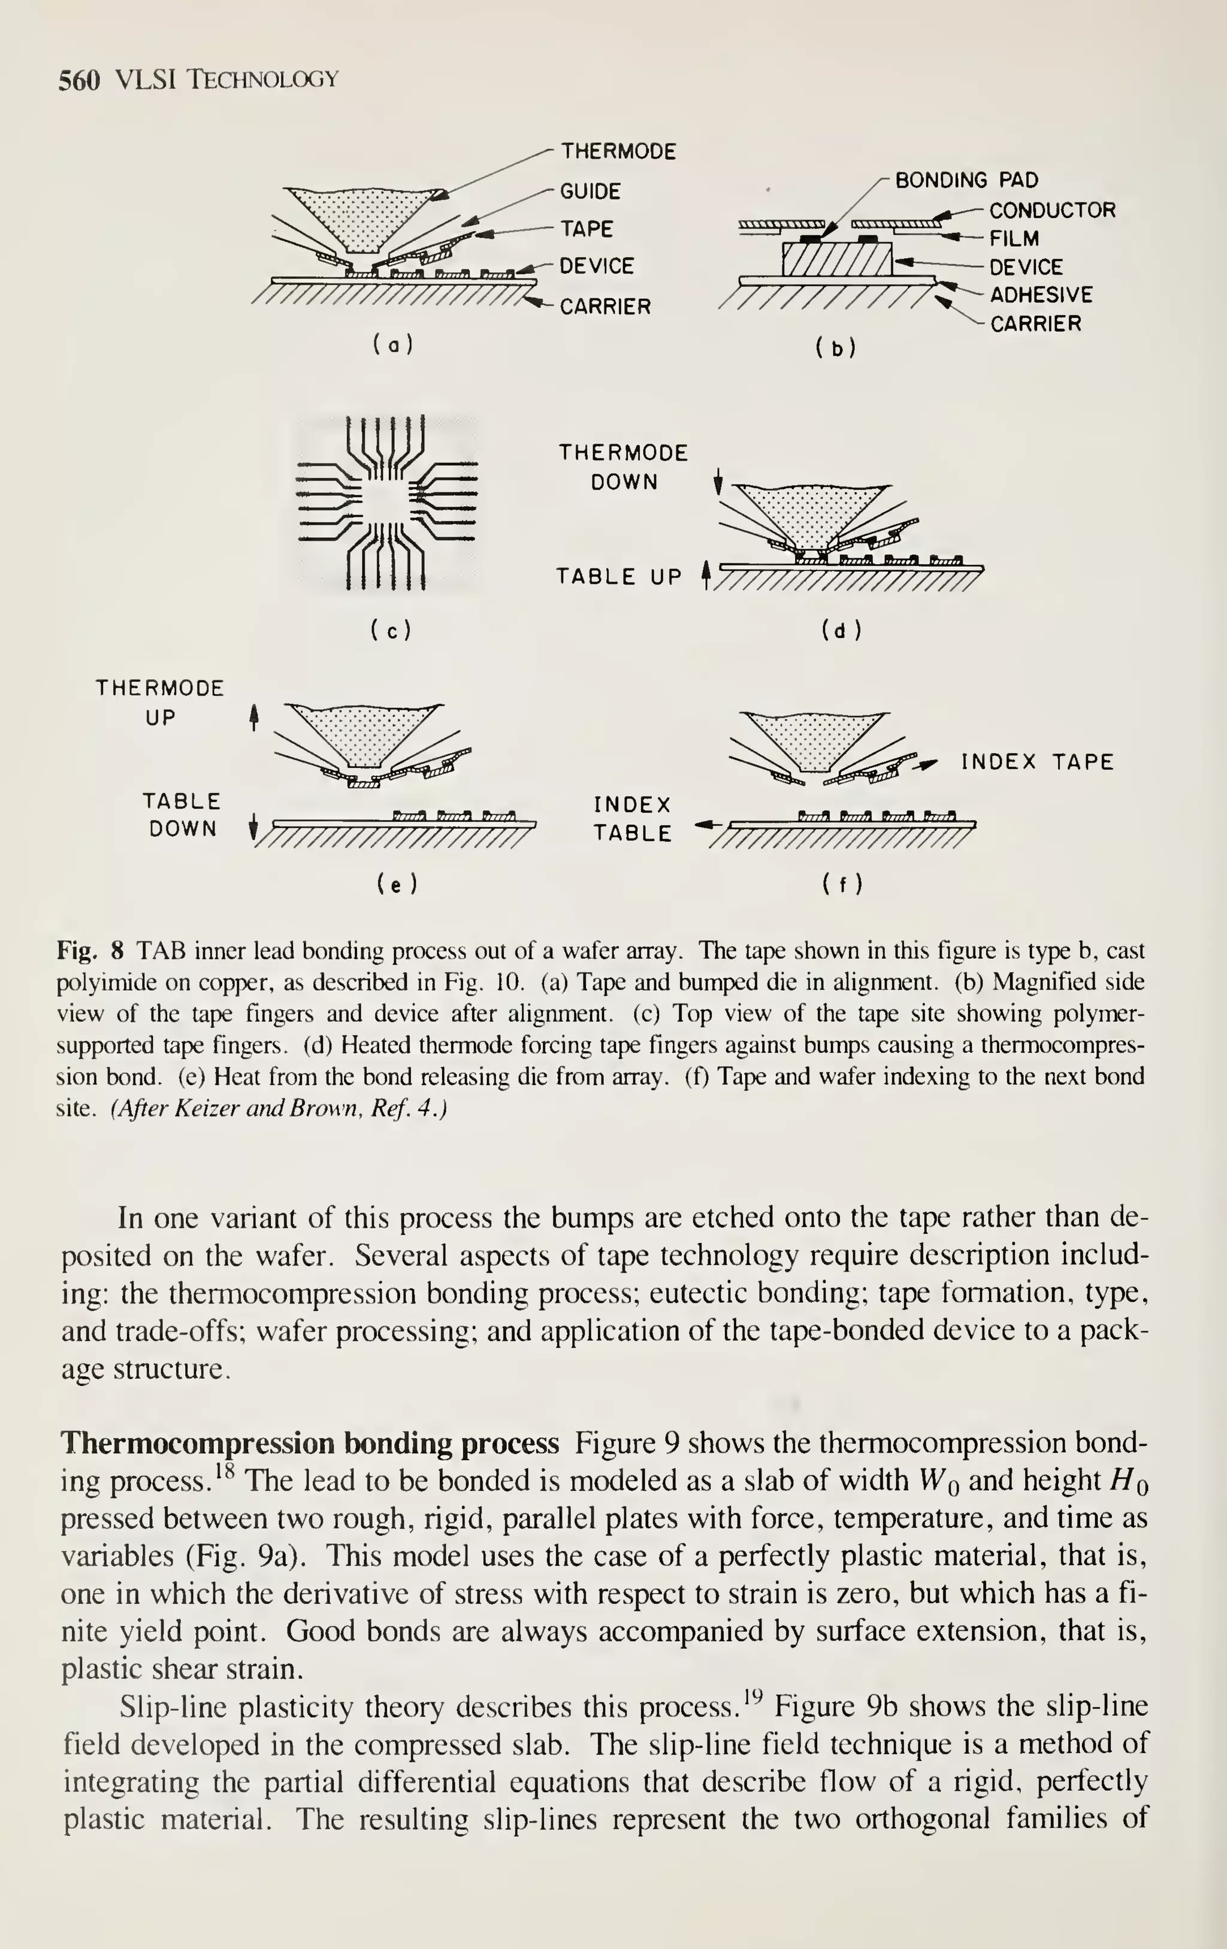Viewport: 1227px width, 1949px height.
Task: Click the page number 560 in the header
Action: (79, 80)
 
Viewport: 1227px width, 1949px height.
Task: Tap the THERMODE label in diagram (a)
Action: (618, 152)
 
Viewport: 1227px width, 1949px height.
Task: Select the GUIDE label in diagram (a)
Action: (591, 192)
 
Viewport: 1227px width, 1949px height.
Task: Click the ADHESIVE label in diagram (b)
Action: (1041, 295)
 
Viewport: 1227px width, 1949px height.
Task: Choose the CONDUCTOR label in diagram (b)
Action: (1052, 210)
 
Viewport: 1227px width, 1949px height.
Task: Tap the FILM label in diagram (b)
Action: (1014, 239)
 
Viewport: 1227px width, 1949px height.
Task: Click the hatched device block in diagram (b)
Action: (836, 258)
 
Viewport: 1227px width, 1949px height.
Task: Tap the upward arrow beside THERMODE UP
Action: (254, 716)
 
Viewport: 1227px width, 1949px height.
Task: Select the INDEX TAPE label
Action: (1038, 762)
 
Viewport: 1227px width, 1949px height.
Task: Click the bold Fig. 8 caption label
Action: (90, 950)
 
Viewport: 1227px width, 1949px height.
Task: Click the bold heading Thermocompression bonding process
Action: (310, 1443)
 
